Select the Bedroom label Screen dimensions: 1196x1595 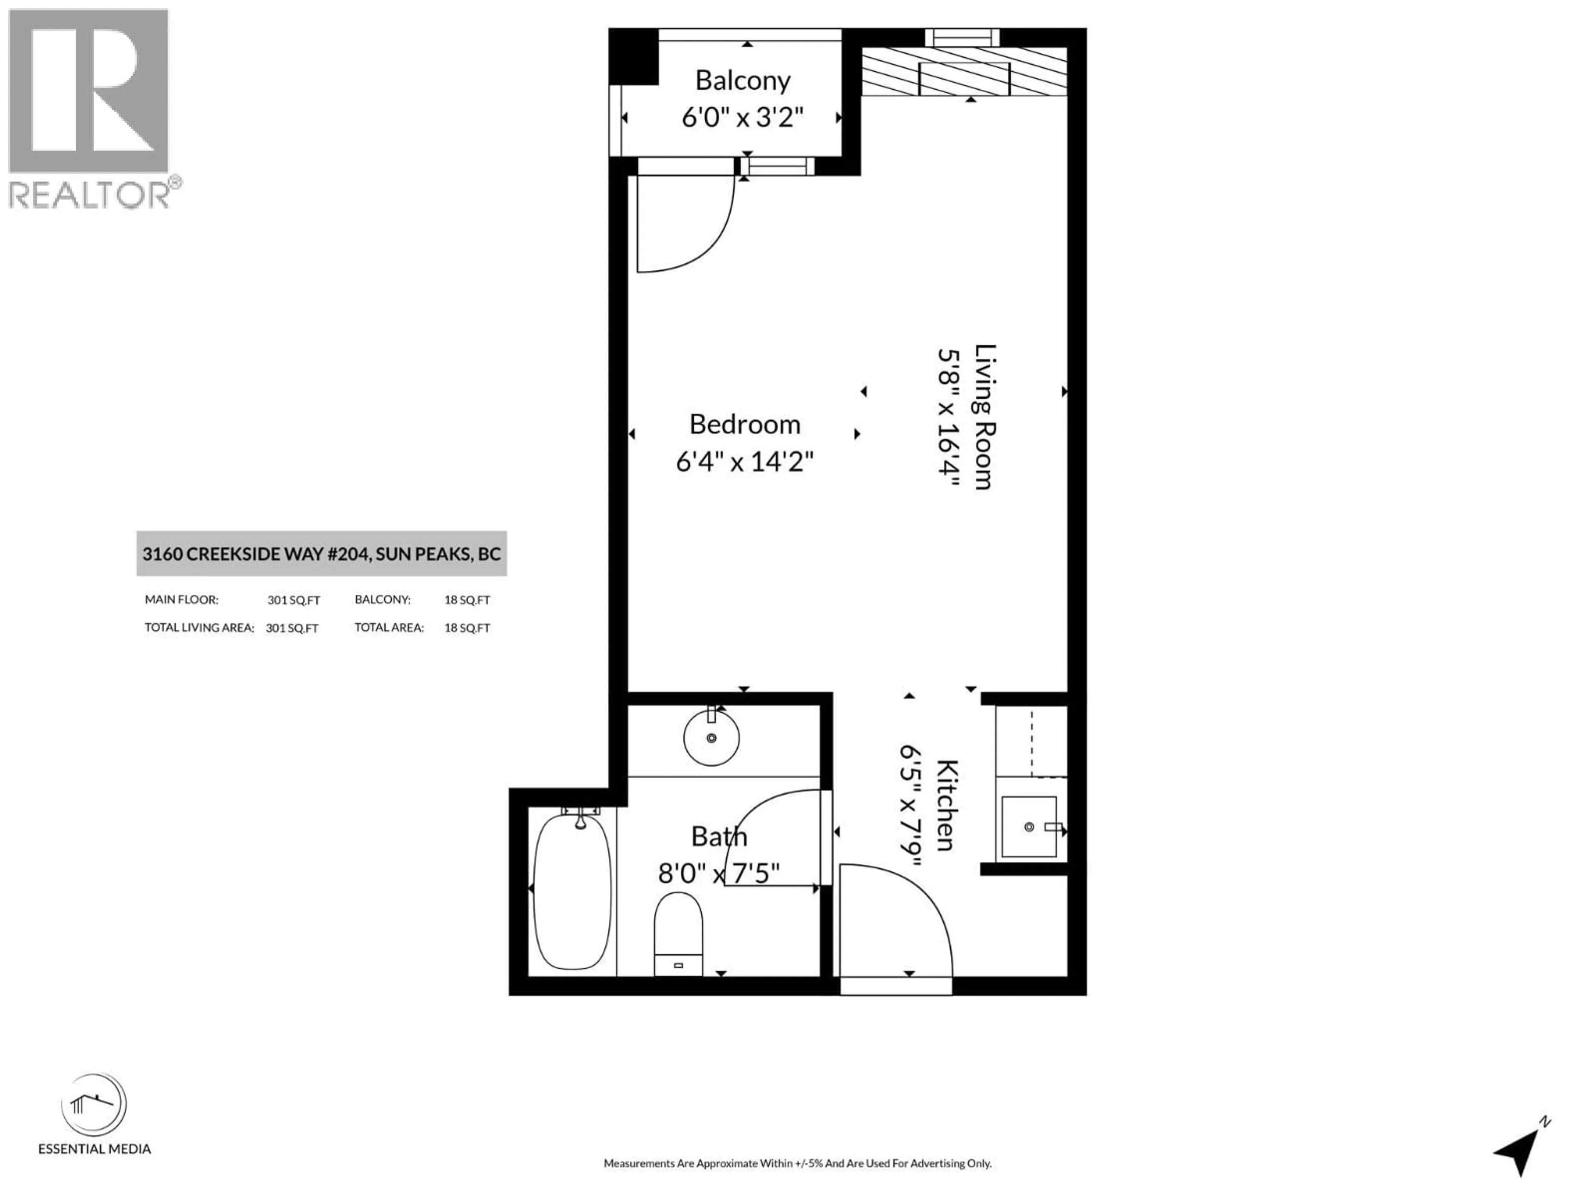tap(744, 424)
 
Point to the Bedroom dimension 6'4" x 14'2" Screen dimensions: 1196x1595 tap(744, 461)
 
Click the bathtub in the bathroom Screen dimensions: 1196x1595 tap(572, 891)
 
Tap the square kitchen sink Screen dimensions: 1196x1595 tap(1029, 827)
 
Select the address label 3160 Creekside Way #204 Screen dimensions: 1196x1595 tap(321, 554)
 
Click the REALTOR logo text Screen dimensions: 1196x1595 tap(89, 195)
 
